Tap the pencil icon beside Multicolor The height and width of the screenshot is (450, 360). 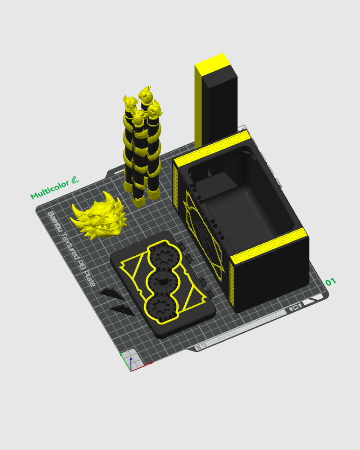75,180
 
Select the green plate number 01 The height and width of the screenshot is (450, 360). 330,282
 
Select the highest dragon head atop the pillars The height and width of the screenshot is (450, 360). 146,94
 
